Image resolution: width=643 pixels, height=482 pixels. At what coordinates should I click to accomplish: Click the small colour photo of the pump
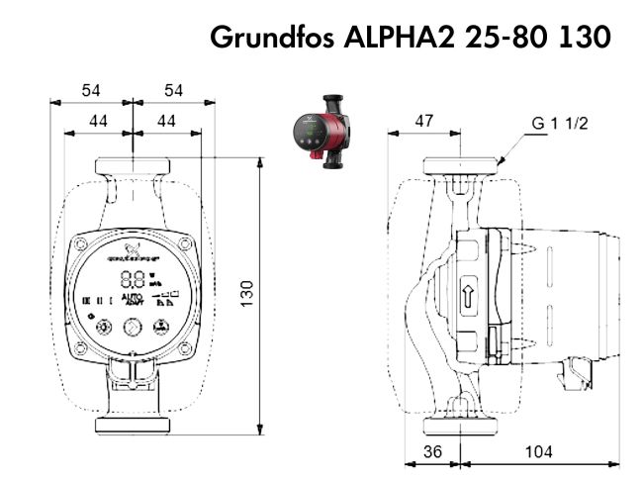coord(319,127)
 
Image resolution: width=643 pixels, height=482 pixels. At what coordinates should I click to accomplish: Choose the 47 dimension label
coord(423,121)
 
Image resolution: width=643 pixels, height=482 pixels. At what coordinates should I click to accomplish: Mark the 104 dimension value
coord(537,450)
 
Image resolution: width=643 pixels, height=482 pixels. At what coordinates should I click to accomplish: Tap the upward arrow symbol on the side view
coord(471,295)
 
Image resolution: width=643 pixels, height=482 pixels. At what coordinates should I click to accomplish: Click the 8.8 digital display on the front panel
coord(132,280)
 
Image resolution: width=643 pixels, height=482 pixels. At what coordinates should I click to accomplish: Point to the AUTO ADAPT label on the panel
coord(132,299)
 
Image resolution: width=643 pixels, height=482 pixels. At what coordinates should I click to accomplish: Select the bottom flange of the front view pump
coord(132,426)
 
